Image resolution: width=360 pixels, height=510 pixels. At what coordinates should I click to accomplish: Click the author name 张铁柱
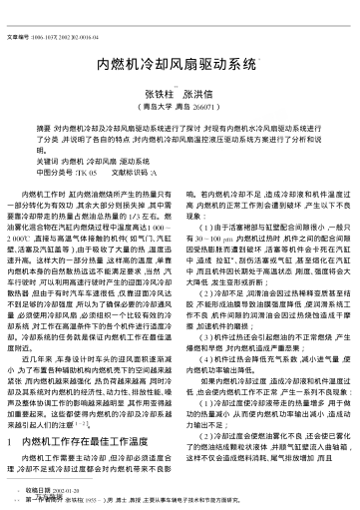[148, 91]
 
